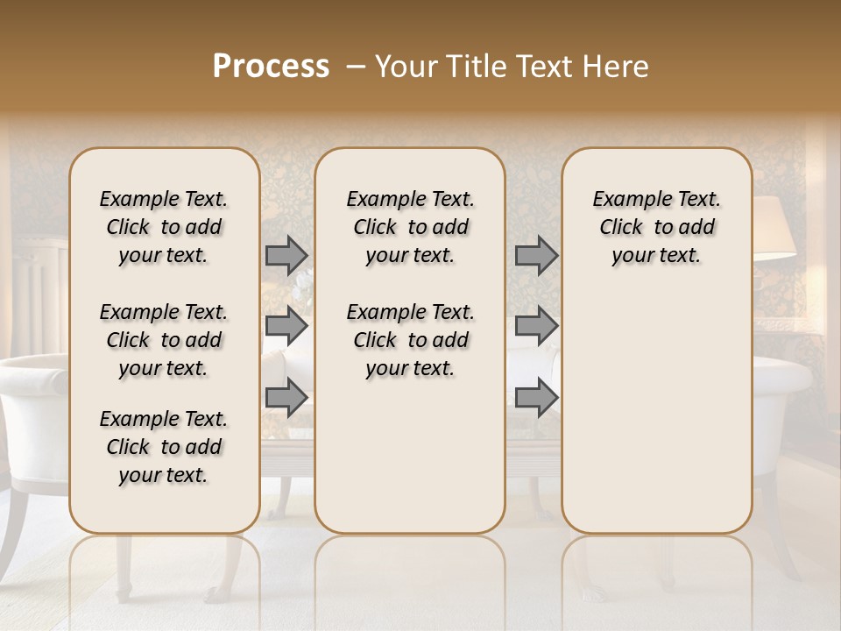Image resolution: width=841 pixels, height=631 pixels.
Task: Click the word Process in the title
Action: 271,67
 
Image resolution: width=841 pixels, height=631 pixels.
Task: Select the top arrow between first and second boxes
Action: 286,255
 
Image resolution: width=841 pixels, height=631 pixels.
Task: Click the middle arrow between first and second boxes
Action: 286,326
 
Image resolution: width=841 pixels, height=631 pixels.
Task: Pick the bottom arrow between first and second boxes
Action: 286,397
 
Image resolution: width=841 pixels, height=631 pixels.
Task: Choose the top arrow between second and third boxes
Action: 536,255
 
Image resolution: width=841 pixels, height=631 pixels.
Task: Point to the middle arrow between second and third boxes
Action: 536,326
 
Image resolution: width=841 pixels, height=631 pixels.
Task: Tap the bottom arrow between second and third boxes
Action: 536,397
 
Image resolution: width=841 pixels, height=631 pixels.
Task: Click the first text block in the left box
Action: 164,227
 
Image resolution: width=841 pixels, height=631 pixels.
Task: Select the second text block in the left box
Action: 164,340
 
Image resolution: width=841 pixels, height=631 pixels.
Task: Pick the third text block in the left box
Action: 164,447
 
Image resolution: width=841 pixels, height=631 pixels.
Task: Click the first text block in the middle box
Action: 410,227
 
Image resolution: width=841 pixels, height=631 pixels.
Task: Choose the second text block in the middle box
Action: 410,340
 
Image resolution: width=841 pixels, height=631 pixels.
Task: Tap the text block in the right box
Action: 656,227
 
